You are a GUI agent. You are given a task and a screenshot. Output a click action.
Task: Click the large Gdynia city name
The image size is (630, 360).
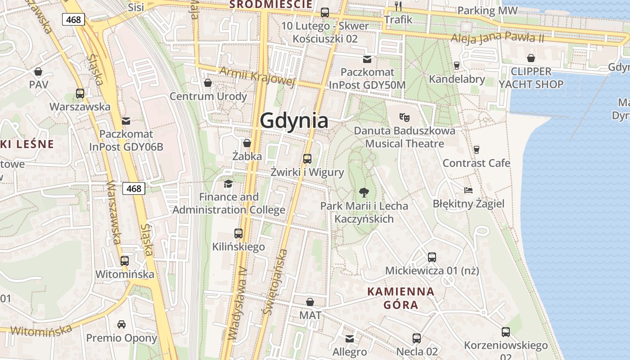(294, 121)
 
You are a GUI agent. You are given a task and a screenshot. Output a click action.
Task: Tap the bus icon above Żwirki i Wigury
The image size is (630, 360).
(307, 158)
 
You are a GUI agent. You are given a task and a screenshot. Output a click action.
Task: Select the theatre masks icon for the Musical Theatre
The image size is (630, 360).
(405, 117)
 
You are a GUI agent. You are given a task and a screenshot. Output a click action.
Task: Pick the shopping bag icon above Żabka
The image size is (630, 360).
(247, 143)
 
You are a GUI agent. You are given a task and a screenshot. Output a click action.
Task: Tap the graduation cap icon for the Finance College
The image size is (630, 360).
(229, 184)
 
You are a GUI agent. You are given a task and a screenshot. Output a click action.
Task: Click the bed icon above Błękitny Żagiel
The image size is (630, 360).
(468, 190)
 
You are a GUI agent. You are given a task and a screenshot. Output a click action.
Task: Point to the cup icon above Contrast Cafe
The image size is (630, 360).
(477, 149)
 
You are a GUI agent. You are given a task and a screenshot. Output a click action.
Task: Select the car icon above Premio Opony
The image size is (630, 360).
(121, 324)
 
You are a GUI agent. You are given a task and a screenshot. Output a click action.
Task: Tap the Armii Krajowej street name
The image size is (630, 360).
(257, 76)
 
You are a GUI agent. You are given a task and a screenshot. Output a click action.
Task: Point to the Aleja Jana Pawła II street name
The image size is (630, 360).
(497, 38)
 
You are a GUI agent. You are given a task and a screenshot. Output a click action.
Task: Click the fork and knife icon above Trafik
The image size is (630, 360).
(398, 6)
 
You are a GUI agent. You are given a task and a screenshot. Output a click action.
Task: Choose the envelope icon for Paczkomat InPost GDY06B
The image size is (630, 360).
(126, 121)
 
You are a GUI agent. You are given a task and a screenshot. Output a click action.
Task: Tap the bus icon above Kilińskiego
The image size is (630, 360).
(238, 234)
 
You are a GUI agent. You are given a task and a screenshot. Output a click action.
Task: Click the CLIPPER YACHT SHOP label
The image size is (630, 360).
(531, 78)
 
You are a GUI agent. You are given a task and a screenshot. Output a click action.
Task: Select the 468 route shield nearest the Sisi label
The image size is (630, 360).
(73, 20)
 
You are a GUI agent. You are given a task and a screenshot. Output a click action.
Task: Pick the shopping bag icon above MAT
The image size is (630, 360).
(310, 302)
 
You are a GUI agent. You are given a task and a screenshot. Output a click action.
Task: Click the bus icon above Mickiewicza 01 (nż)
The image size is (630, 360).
(432, 257)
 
